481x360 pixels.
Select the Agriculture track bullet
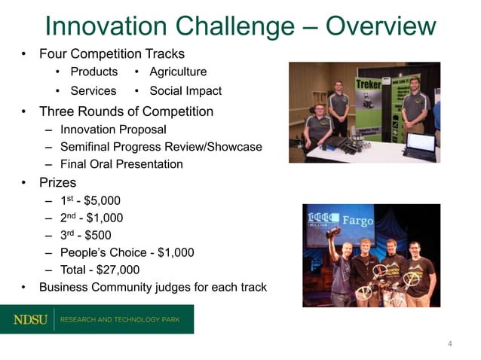click(178, 72)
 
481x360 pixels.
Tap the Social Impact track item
click(185, 91)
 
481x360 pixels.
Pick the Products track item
click(93, 72)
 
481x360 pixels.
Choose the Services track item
click(93, 91)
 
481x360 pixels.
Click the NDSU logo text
click(30, 319)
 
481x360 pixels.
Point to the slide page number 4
click(450, 344)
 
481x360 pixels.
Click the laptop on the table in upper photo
click(419, 145)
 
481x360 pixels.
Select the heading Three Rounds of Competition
click(126, 111)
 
